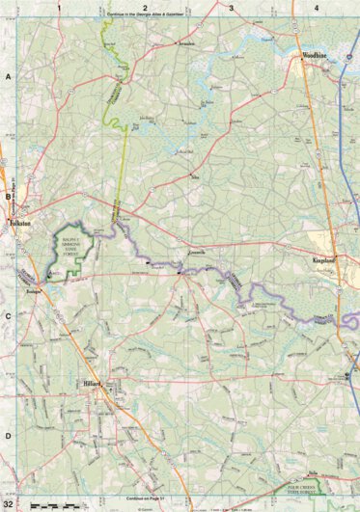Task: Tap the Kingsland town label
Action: tap(323, 260)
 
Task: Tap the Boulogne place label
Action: tap(56, 288)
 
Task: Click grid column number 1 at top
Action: tap(59, 7)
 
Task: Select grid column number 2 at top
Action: tap(145, 7)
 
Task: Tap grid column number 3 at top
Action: tap(232, 7)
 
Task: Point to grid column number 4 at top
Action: tap(317, 7)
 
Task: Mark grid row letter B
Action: tap(7, 196)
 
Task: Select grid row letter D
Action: tap(7, 436)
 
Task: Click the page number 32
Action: tap(9, 504)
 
